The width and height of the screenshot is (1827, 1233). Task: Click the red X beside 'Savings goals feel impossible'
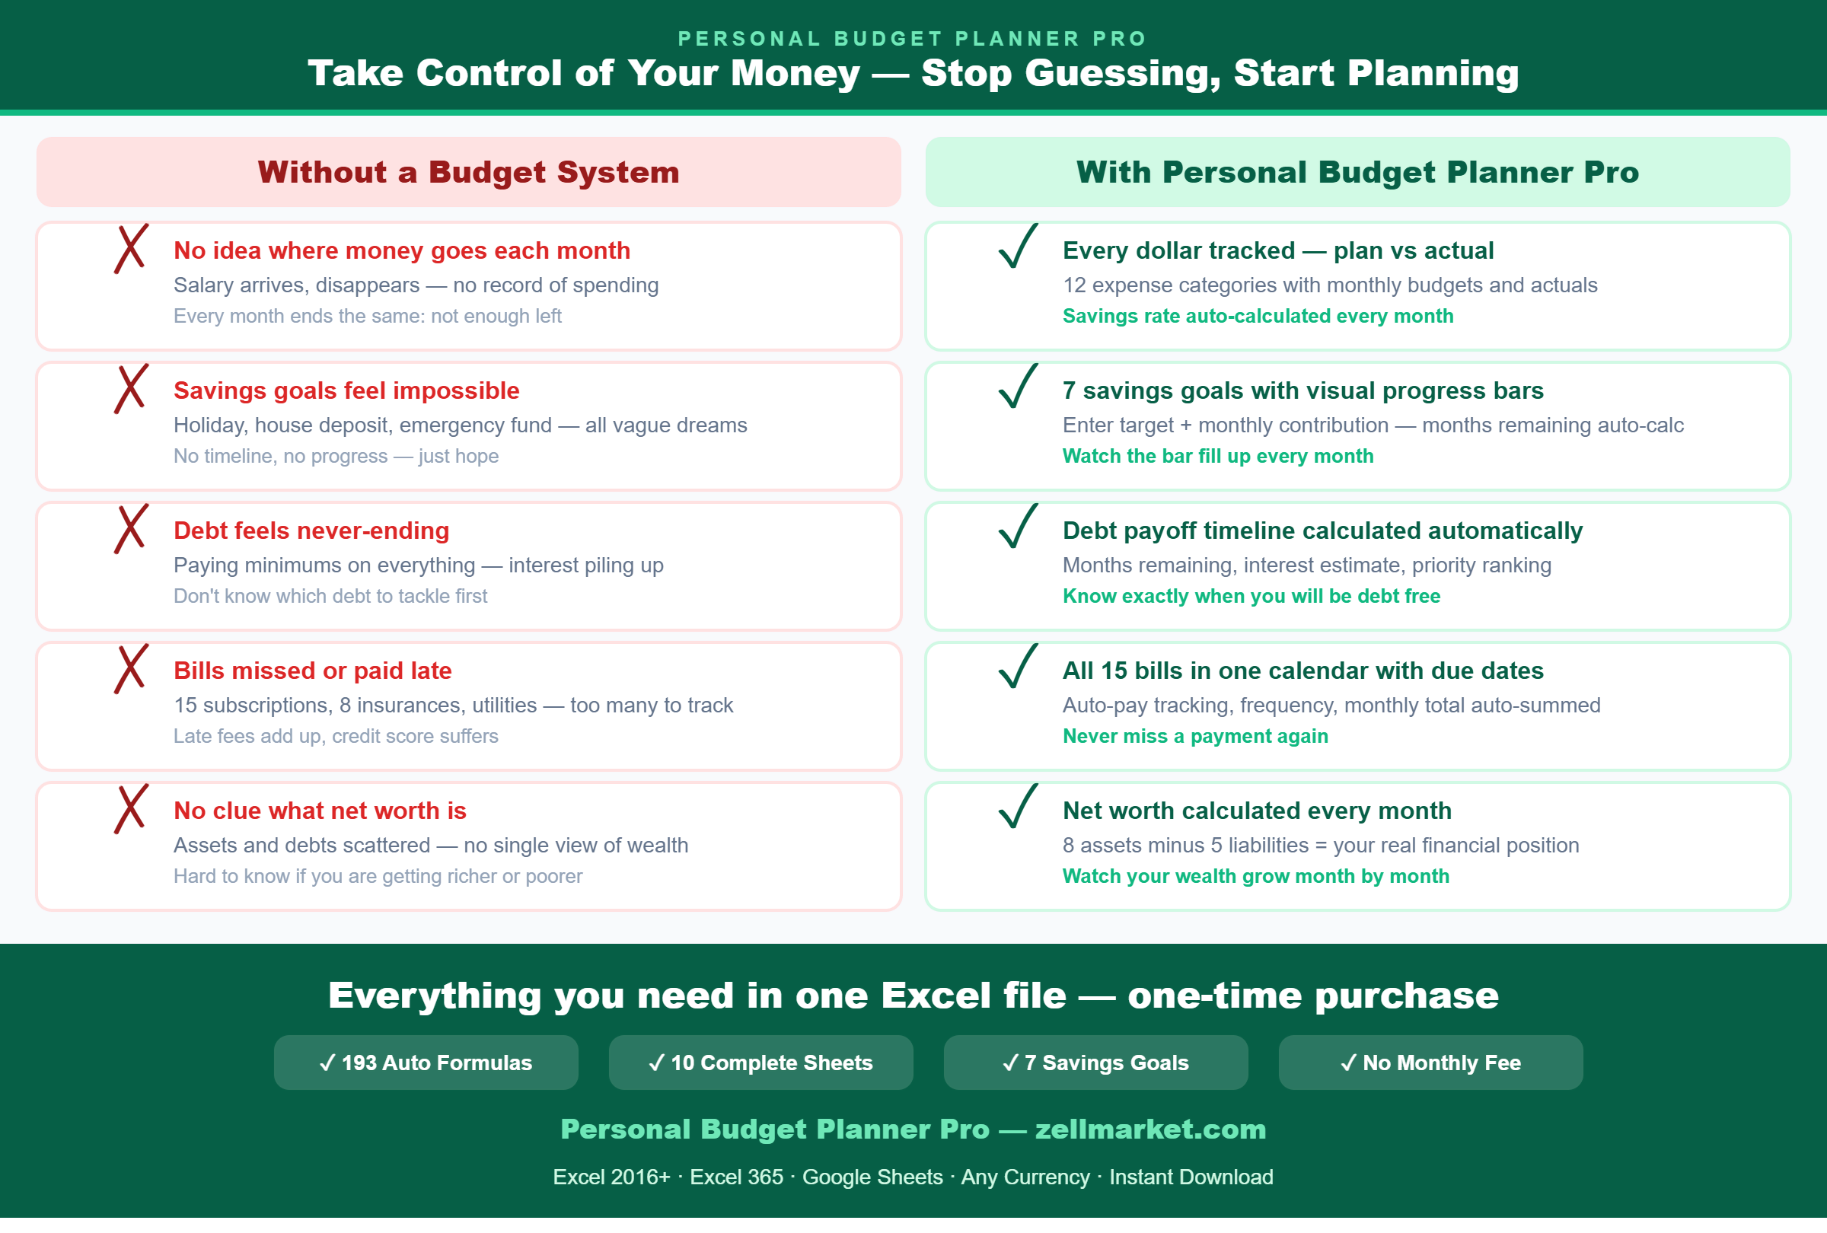[x=130, y=389]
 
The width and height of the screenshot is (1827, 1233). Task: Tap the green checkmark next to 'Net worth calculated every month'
[x=1018, y=807]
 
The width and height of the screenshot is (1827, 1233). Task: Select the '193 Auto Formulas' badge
[x=426, y=1063]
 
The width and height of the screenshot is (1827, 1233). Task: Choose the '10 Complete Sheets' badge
[x=761, y=1063]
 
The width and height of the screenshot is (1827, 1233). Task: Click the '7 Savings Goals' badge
[x=1096, y=1063]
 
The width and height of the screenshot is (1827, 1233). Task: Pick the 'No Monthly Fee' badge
[x=1431, y=1063]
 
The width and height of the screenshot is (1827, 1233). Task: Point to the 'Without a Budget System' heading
[x=468, y=172]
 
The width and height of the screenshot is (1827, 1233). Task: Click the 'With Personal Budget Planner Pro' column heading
[x=1357, y=172]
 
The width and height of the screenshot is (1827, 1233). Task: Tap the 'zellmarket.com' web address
[x=1151, y=1129]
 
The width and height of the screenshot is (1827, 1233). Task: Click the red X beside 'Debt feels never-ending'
[x=130, y=529]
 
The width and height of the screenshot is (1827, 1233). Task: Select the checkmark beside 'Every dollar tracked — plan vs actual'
[x=1018, y=247]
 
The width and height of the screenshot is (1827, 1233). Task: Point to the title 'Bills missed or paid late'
[x=313, y=671]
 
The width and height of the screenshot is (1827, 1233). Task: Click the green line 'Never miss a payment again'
[x=1196, y=736]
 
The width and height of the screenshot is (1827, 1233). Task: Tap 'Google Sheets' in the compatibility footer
[x=872, y=1177]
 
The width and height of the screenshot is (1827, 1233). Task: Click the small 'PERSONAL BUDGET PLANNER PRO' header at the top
[x=913, y=39]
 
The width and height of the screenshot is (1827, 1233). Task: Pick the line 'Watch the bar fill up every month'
[x=1219, y=457]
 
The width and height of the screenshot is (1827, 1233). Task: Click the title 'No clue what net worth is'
[x=320, y=811]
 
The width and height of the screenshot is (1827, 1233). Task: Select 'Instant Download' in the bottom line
[x=1191, y=1177]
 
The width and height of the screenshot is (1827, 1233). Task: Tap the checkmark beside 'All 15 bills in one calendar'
[x=1018, y=667]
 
